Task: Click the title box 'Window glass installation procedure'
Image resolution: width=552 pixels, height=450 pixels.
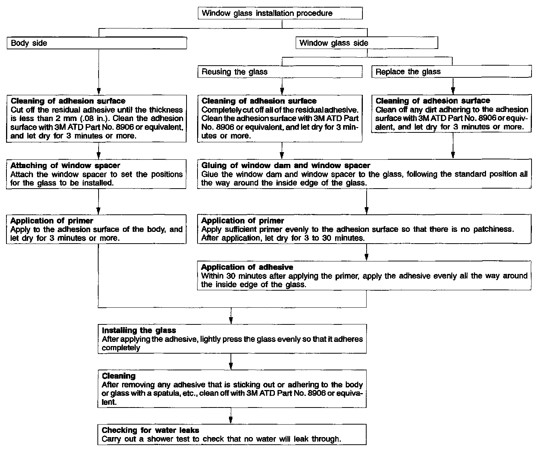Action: tap(280, 13)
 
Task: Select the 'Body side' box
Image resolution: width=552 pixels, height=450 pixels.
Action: tap(97, 43)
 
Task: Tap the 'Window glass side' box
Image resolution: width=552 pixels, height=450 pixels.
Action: tap(367, 43)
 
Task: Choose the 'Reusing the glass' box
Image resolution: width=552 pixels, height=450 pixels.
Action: tap(280, 72)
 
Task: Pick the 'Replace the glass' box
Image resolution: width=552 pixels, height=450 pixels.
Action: tap(452, 72)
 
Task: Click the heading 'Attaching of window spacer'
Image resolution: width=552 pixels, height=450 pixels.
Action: tap(65, 165)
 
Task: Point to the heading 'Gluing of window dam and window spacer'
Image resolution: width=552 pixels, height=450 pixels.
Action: tap(285, 165)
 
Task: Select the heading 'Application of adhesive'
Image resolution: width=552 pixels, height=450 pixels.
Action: tap(247, 267)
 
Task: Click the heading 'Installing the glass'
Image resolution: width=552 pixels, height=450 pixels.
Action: tap(139, 330)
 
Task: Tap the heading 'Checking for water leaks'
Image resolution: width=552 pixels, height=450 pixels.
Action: tap(151, 430)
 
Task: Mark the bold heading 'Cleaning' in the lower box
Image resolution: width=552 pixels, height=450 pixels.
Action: tap(119, 376)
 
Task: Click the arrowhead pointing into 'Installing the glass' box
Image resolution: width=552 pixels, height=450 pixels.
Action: tap(231, 320)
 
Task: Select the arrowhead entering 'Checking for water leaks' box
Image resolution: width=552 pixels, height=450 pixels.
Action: tap(231, 420)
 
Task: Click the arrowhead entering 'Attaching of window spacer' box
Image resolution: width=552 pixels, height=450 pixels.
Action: tap(98, 155)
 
